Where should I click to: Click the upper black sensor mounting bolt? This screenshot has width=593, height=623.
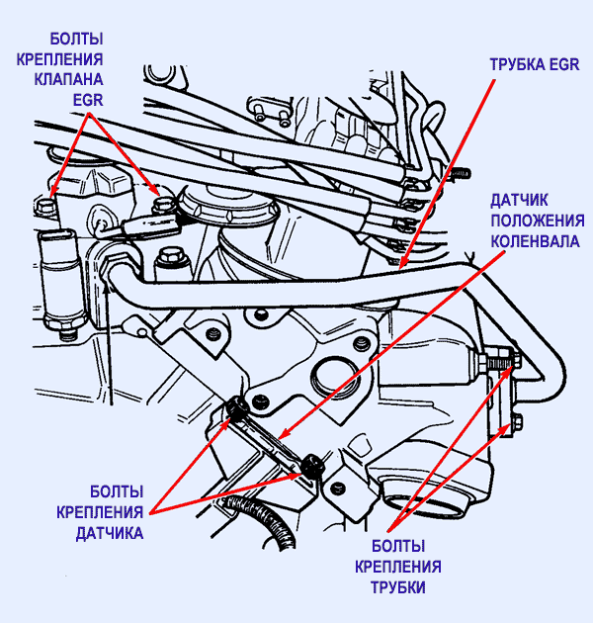tap(236, 405)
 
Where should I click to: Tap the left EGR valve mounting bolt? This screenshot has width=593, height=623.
tap(46, 204)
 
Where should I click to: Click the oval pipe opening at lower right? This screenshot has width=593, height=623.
tap(450, 494)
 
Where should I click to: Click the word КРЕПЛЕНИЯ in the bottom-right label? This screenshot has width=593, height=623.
tap(398, 567)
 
